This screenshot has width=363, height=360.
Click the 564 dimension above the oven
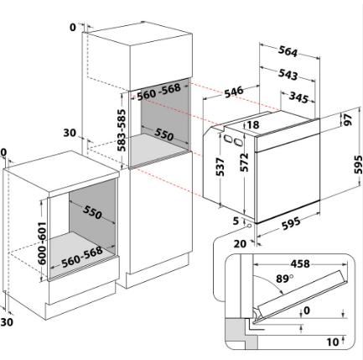tap(288, 51)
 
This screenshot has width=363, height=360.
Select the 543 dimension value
tap(288, 74)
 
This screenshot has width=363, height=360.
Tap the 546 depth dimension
tap(234, 91)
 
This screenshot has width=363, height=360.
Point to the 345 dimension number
tap(298, 97)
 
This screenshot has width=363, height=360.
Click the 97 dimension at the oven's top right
tap(348, 120)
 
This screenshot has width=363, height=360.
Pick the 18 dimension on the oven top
tap(253, 124)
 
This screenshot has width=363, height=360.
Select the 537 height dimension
tap(220, 167)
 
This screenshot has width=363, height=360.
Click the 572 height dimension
tap(244, 163)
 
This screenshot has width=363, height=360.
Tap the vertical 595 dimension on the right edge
tap(358, 164)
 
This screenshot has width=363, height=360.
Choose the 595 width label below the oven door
tap(291, 223)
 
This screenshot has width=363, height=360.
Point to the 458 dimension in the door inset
tap(300, 263)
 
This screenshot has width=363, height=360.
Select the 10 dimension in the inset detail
tap(333, 342)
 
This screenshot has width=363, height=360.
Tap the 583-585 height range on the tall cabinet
tap(122, 130)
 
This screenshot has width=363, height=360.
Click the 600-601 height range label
tap(42, 243)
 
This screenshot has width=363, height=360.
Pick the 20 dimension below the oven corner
tap(240, 244)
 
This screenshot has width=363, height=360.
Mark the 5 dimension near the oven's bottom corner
tap(236, 221)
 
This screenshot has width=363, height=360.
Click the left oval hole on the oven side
tap(228, 138)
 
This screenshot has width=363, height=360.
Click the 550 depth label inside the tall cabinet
tap(163, 134)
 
